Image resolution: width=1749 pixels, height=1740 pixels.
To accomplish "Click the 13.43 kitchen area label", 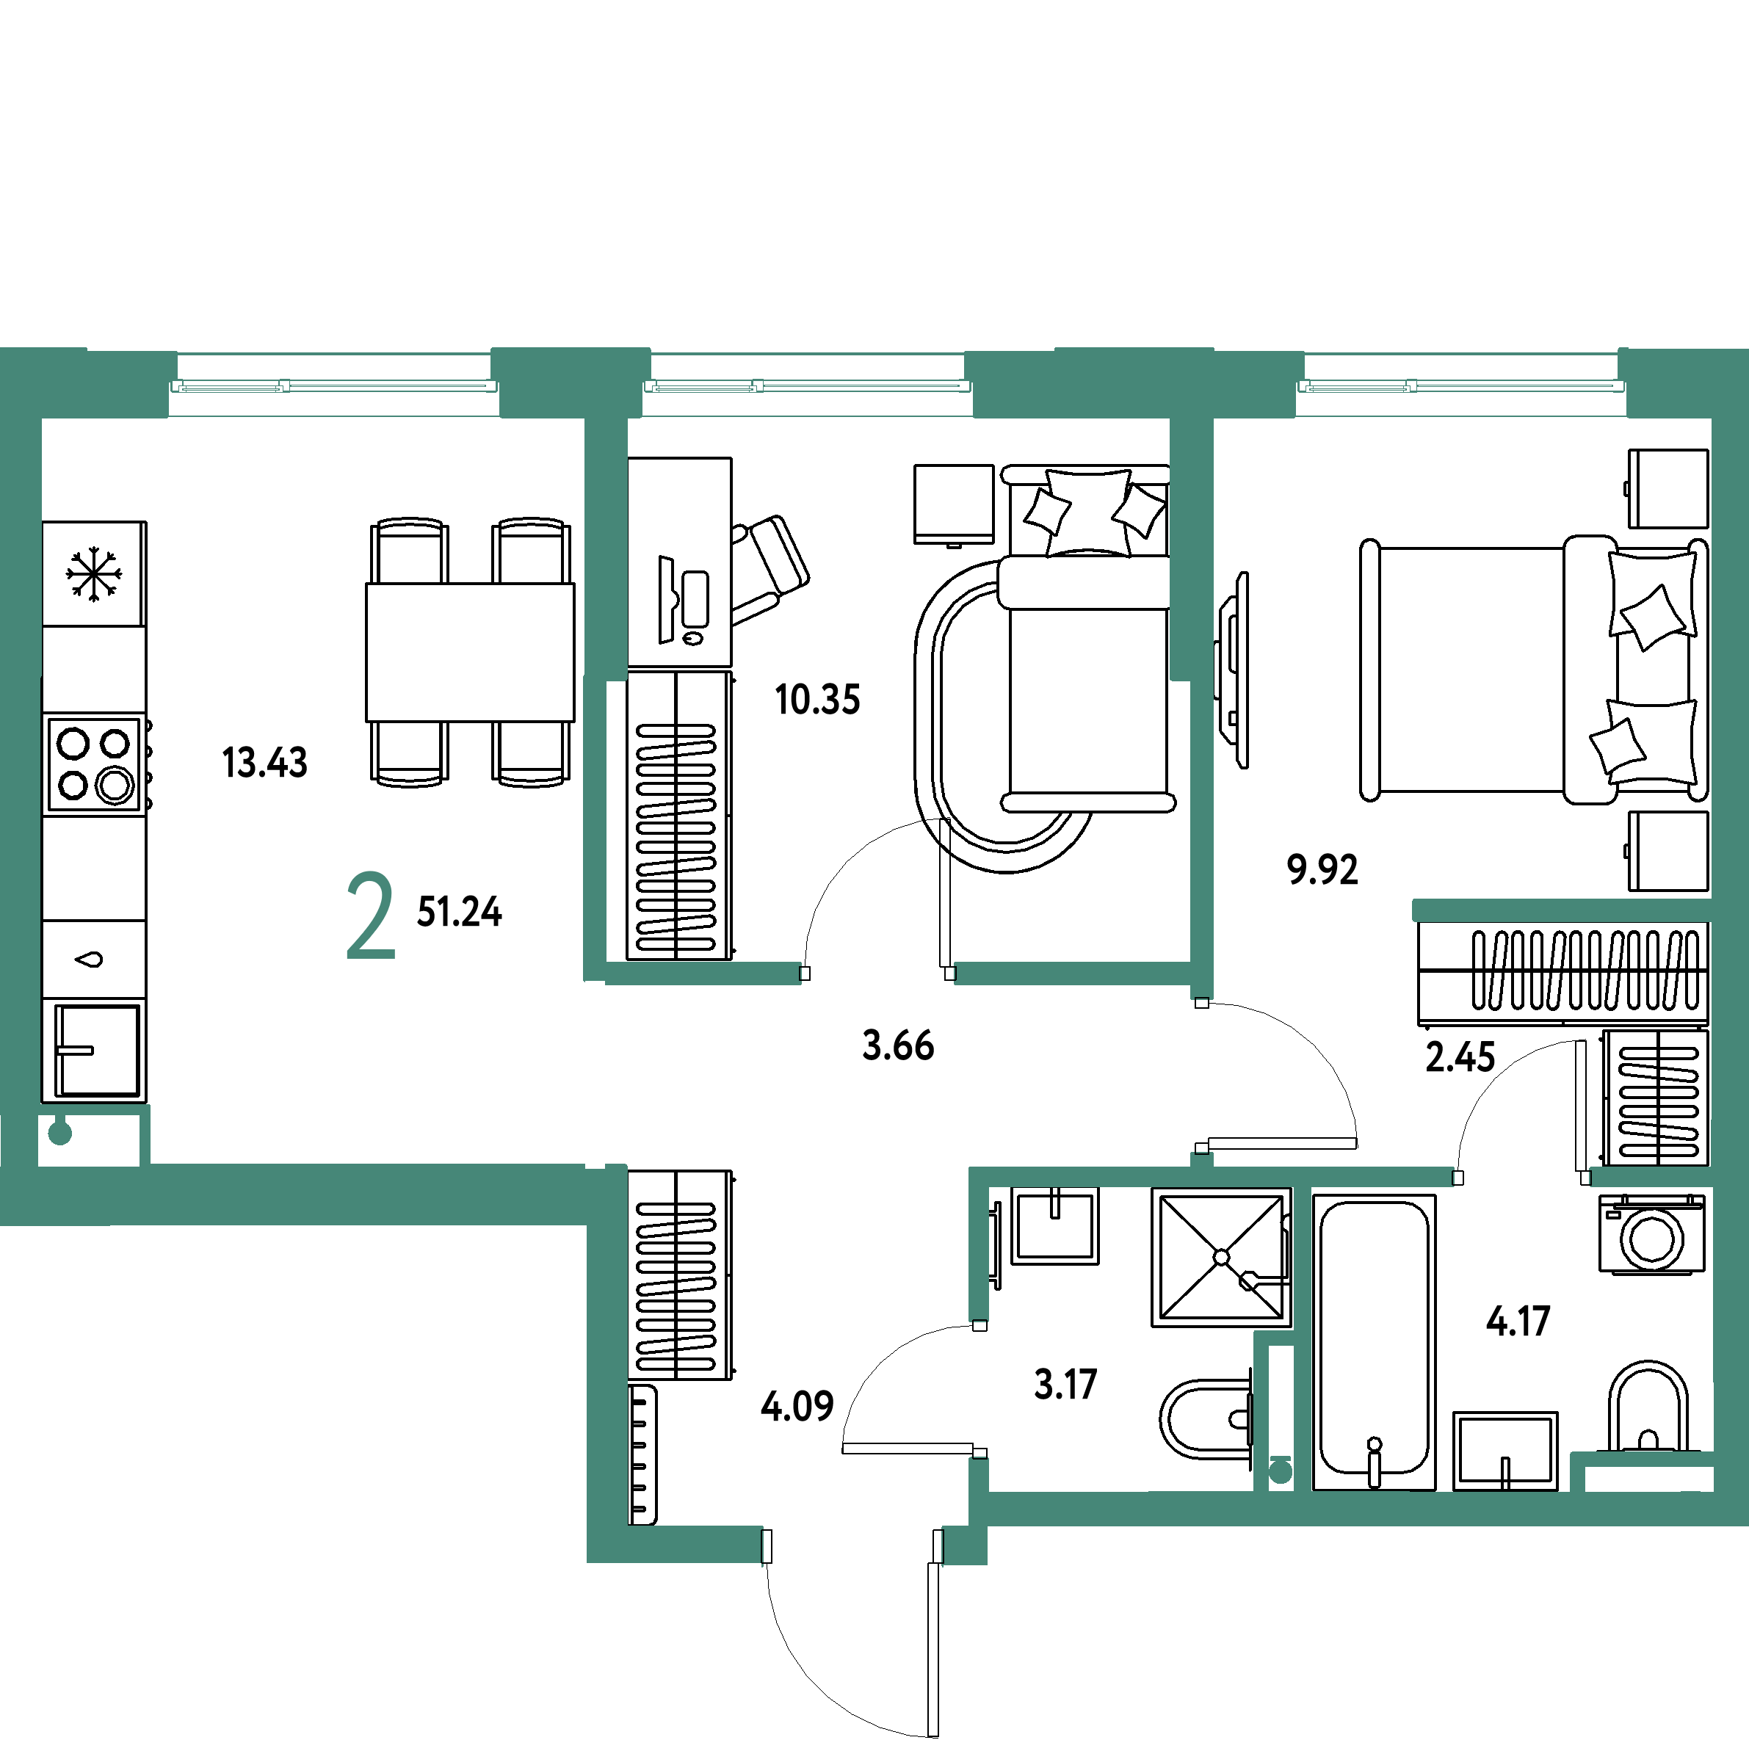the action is pos(264,762).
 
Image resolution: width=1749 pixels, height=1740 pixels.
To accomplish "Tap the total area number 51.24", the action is pos(459,912).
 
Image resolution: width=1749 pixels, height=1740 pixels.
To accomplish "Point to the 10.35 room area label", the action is pos(817,700).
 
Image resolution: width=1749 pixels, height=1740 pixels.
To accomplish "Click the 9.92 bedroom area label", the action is pos(1322,869).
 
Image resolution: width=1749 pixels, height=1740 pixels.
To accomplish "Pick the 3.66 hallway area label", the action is pos(898,1045).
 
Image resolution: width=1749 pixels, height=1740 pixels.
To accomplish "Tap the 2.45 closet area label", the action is pos(1460,1056).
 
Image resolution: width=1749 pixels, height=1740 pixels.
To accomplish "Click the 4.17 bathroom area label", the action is pos(1518,1322).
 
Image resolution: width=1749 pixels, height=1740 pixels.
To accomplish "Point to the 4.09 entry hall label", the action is pos(797,1406).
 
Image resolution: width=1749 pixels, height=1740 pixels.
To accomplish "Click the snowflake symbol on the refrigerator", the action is pos(93,574).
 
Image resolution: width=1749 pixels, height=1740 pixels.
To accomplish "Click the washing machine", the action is pos(1651,1234).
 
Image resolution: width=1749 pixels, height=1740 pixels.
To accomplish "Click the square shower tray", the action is pos(1221,1258).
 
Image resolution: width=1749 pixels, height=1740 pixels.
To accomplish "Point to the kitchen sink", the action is pos(94,1050).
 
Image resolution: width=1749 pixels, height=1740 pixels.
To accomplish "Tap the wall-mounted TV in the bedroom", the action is pos(1232,670).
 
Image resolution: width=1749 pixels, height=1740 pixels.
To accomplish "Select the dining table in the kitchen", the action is pos(470,652).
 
